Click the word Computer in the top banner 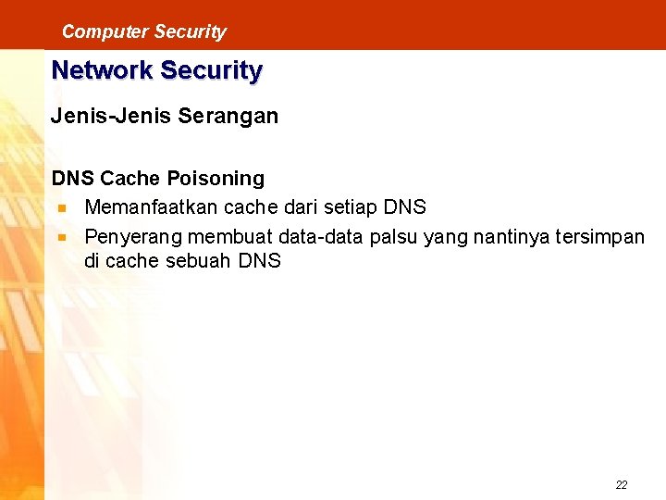tap(92, 31)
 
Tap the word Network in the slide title tap(102, 70)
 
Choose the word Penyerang tap(129, 237)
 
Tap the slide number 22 tap(621, 484)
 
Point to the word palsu tap(393, 237)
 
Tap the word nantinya tap(508, 237)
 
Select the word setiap tap(352, 206)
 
